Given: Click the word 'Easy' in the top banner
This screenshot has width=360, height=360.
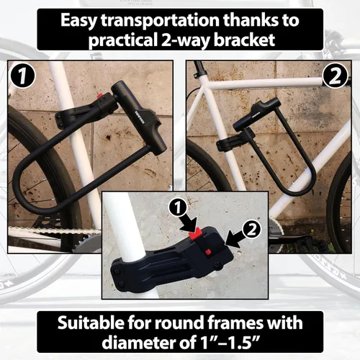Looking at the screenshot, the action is pos(78,21).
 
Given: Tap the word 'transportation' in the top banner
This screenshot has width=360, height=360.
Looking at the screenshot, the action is pos(161,21).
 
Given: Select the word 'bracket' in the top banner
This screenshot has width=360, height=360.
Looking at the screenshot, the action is pos(244,39).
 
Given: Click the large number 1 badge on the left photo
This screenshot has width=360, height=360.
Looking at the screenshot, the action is pos(23,76).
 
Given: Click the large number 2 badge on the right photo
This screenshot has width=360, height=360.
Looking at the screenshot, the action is pos(336,76).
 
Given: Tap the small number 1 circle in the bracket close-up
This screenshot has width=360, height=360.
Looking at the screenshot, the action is pos(178,207).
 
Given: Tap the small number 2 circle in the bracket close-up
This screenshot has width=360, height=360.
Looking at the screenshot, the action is pos(251,230).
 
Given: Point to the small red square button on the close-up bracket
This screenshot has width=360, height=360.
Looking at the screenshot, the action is pos(208,252).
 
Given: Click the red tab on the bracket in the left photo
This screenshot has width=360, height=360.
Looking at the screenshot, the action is pos(99,96).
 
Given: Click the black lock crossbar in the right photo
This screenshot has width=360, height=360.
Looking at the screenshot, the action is pos(255,114).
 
